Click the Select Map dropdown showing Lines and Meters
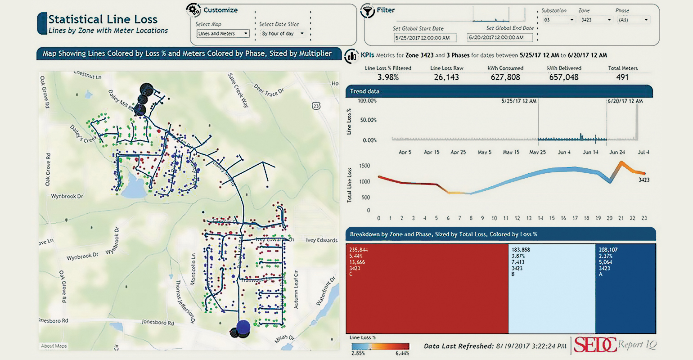(x=223, y=33)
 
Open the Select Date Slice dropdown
(x=283, y=33)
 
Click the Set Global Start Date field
(x=425, y=38)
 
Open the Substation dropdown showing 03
(x=558, y=20)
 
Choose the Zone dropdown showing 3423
(x=595, y=20)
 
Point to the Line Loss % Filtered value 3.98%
(x=388, y=77)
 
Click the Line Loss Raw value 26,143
(x=446, y=77)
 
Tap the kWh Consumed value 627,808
(x=505, y=77)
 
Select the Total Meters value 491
(x=622, y=77)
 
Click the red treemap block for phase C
(x=427, y=288)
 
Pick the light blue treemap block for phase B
(x=552, y=288)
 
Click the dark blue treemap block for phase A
(x=625, y=288)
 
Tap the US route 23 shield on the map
(x=316, y=105)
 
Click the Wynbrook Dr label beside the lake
(x=67, y=197)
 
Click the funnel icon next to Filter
(x=368, y=11)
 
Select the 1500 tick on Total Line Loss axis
(x=364, y=166)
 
